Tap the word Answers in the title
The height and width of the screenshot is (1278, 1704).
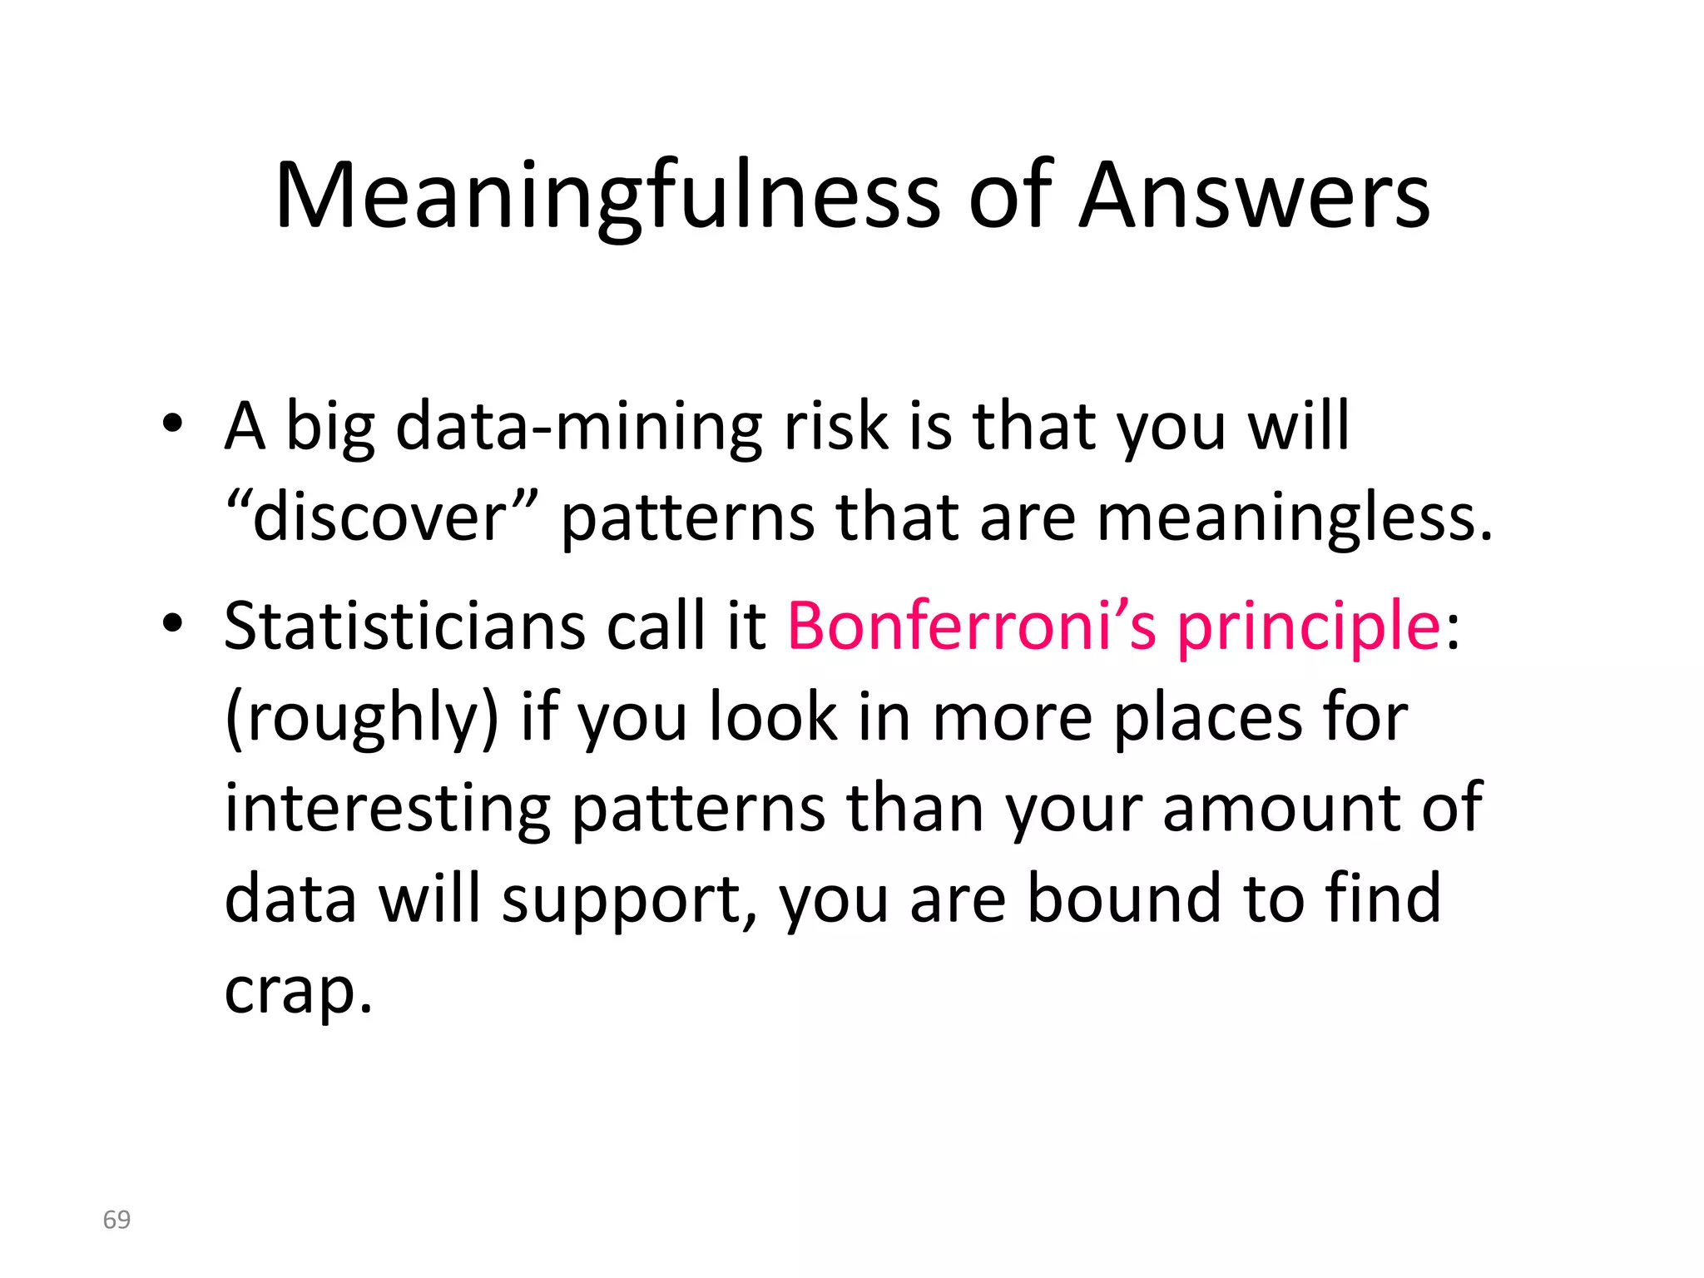click(1254, 196)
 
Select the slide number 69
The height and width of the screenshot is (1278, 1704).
click(116, 1220)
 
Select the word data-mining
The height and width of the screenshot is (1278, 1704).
click(578, 426)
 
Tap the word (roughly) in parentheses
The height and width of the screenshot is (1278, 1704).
click(362, 717)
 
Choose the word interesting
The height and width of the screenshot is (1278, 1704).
click(388, 809)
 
